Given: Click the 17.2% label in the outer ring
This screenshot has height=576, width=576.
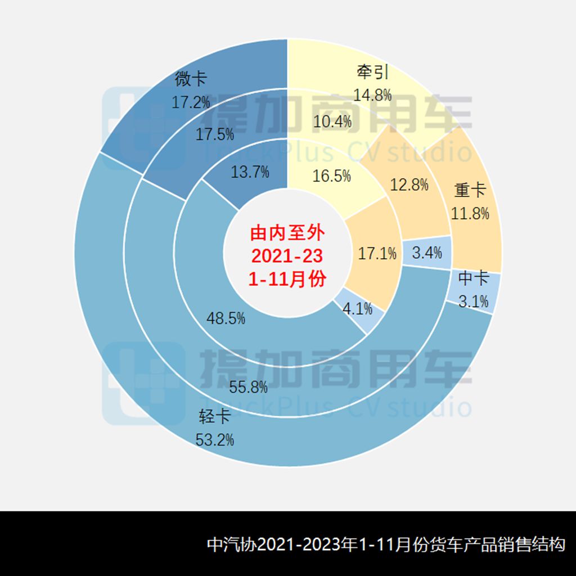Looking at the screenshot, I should tap(190, 102).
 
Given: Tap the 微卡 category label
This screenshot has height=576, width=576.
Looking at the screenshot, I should tap(190, 79).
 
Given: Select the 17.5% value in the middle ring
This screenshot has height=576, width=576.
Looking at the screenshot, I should tap(215, 135).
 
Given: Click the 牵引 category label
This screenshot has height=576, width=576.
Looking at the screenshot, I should tap(372, 72).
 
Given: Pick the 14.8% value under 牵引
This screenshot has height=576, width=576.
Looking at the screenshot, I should tap(372, 94).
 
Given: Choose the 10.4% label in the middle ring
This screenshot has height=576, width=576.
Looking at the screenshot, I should tap(332, 121).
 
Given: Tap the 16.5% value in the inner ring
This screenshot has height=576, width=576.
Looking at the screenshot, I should tap(332, 175).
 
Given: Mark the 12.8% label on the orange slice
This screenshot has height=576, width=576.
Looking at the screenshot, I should tap(409, 184).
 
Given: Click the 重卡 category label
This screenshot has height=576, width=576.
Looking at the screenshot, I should tap(470, 191).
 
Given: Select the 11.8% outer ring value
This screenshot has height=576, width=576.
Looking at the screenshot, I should tap(470, 214).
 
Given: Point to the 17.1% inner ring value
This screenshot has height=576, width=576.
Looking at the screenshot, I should tap(377, 254).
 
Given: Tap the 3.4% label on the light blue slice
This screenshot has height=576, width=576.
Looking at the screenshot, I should tap(427, 253).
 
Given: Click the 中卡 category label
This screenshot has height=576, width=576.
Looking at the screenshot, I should tap(473, 278).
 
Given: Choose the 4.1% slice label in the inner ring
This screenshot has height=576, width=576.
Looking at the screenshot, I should tap(358, 308).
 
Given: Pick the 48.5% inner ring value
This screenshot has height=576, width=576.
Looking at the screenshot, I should tap(226, 318).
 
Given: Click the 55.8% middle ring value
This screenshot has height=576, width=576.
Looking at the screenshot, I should tap(249, 388).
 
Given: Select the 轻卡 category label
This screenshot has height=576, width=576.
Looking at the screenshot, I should tap(215, 417).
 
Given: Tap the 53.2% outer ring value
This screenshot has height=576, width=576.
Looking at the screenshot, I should tap(215, 440).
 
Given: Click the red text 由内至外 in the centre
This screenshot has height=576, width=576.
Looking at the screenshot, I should tap(287, 232).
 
